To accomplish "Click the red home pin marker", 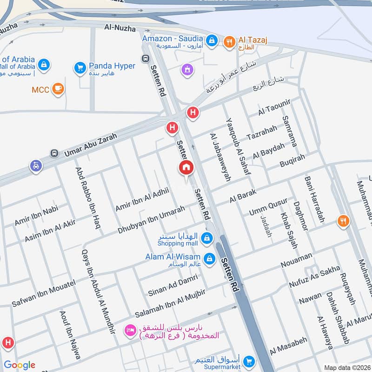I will (x=186, y=168).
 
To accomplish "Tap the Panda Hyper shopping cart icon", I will (x=80, y=68).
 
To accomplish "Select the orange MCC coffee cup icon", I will (x=58, y=89).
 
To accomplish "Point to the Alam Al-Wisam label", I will (x=179, y=257).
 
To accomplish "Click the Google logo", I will (x=19, y=365).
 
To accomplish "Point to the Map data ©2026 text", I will (x=346, y=367).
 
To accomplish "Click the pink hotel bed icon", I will (x=130, y=331).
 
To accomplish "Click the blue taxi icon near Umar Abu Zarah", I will (x=35, y=166).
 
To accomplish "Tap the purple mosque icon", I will (x=187, y=70).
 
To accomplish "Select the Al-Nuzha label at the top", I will (x=120, y=29).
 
